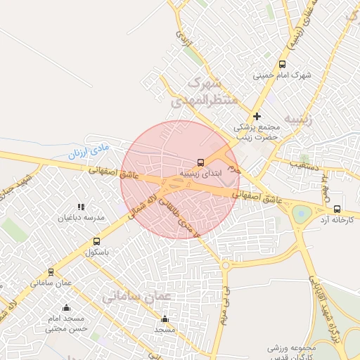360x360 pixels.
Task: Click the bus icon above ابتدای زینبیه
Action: [202, 162]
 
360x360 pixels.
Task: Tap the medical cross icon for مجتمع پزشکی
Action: [257, 116]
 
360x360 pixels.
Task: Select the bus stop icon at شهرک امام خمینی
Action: [282, 64]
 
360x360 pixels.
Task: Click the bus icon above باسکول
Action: [96, 242]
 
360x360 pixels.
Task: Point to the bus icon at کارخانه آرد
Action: [337, 209]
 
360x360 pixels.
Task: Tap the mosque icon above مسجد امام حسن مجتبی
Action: [66, 307]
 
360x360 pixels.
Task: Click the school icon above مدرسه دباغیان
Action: [81, 207]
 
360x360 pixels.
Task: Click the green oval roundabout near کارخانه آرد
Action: [302, 214]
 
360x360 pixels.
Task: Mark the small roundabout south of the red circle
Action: [226, 265]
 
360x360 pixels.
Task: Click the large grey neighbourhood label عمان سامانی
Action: [136, 297]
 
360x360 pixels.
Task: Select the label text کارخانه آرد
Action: [336, 219]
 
